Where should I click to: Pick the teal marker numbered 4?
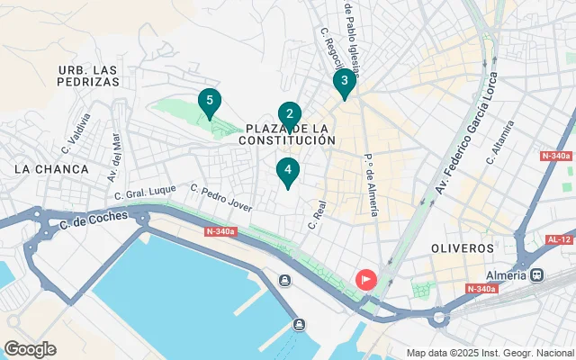coord(287,169)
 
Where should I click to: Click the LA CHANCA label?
coord(52,169)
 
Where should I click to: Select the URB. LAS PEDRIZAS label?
coord(88,76)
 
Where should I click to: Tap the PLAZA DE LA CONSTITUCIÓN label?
coord(288,135)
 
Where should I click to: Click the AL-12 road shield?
coord(558,239)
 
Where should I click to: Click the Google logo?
coord(30,349)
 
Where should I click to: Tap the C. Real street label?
coord(315,214)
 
